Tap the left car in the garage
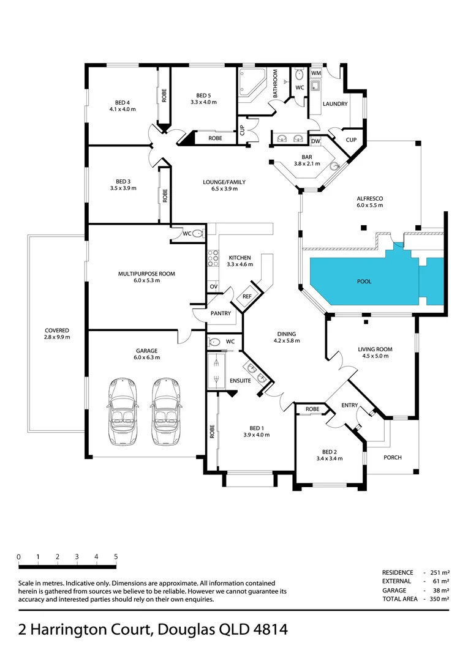click(123, 412)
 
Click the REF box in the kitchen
click(247, 296)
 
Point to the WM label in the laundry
click(316, 73)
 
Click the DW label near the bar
click(315, 141)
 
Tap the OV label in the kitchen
click(214, 287)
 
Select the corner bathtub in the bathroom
click(252, 84)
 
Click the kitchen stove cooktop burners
click(213, 258)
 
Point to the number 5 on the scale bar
click(116, 557)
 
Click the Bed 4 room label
click(123, 106)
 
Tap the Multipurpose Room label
click(146, 277)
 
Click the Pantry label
click(221, 313)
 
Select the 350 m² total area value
click(439, 599)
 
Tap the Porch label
click(393, 457)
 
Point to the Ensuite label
click(240, 381)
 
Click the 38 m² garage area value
click(440, 590)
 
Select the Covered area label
click(57, 334)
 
